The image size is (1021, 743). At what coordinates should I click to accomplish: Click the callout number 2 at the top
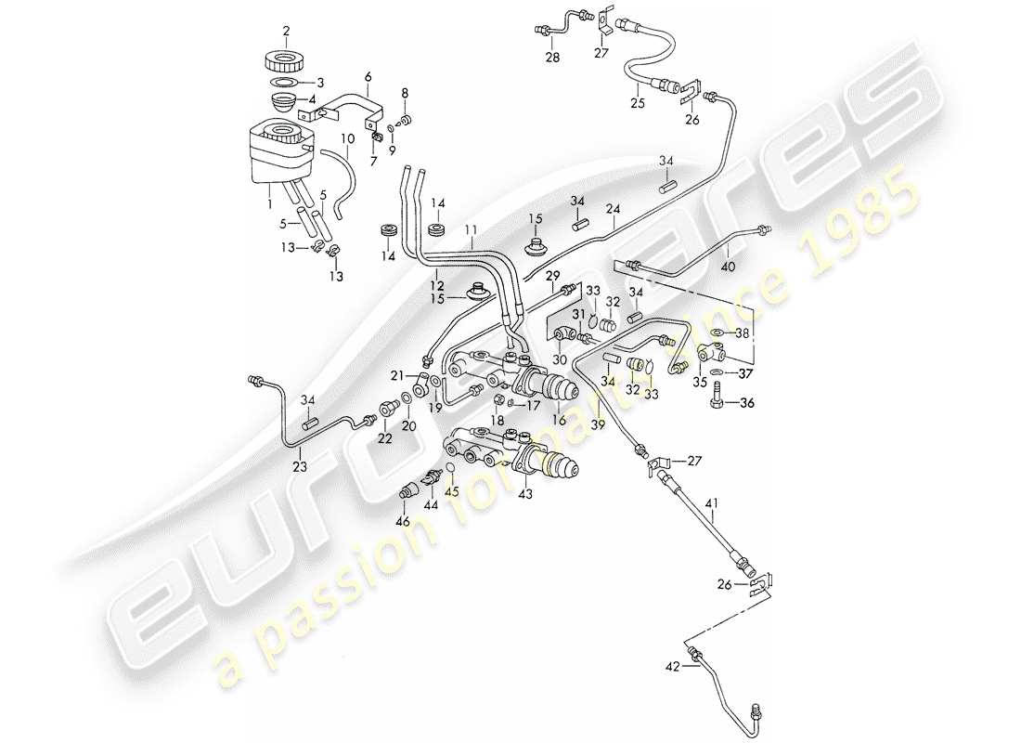pyautogui.click(x=286, y=31)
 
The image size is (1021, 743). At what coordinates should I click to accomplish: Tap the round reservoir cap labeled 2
pyautogui.click(x=286, y=63)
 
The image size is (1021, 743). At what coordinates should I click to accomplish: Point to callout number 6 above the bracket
pyautogui.click(x=368, y=76)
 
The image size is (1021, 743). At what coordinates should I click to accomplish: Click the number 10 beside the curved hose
pyautogui.click(x=347, y=139)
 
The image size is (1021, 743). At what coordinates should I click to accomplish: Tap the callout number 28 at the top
pyautogui.click(x=552, y=58)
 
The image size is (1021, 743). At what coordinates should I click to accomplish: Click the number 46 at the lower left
pyautogui.click(x=403, y=523)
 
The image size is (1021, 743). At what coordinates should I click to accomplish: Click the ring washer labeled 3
pyautogui.click(x=286, y=82)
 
